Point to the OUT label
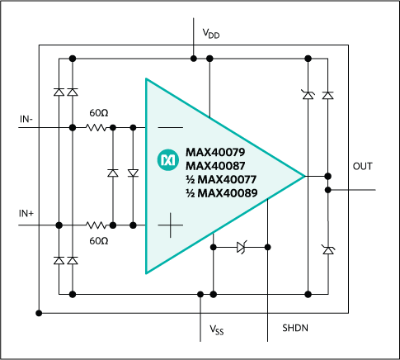[362, 166]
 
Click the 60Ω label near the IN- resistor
[99, 111]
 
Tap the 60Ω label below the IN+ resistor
[99, 240]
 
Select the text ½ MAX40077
[217, 180]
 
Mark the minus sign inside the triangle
[170, 128]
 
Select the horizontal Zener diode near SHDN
[241, 246]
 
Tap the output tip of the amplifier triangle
[305, 176]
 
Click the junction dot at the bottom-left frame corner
[39, 313]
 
